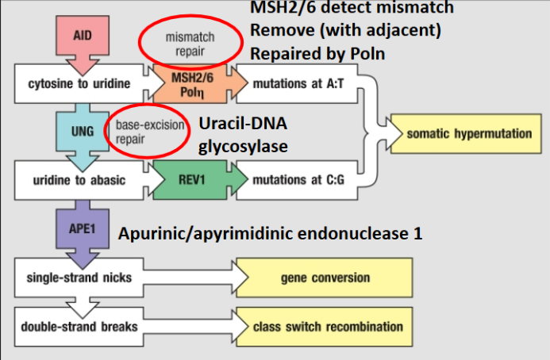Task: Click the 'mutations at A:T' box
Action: tap(298, 82)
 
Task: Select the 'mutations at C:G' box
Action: tap(298, 180)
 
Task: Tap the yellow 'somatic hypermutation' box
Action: tap(469, 133)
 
